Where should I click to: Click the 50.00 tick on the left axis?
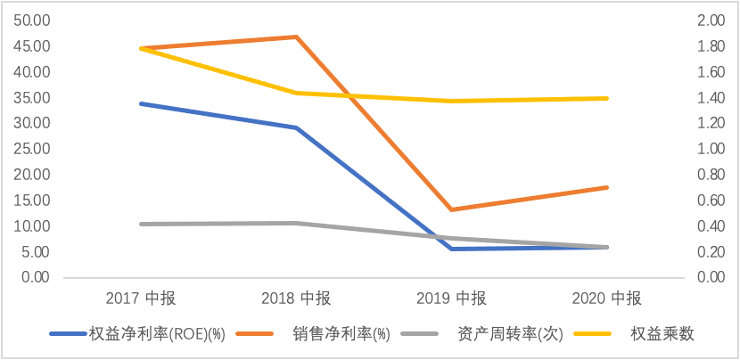[x=31, y=20]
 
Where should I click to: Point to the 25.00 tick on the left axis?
[x=31, y=149]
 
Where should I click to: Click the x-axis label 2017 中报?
[x=142, y=298]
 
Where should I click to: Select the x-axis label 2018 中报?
[x=297, y=298]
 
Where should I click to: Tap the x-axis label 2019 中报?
[x=452, y=298]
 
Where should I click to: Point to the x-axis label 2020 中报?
[x=607, y=298]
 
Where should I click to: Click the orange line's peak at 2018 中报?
[x=297, y=37]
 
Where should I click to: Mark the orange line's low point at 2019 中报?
[x=452, y=209]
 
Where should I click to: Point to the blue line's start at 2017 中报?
[x=142, y=103]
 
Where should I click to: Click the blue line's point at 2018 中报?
[x=297, y=127]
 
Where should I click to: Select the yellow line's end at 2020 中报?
[x=607, y=98]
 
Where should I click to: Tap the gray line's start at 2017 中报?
[x=142, y=224]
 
